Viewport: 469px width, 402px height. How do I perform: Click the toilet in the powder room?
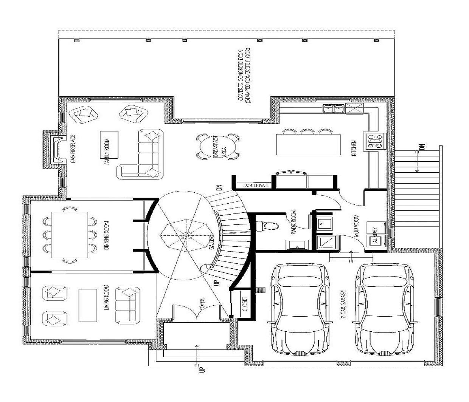click(267, 226)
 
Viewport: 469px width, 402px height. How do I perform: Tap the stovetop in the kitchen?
click(374, 142)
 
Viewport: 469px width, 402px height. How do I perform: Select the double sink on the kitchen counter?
click(333, 108)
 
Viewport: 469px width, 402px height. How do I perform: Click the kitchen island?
click(308, 145)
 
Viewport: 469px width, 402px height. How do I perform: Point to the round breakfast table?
click(217, 147)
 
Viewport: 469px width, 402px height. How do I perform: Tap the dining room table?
click(70, 235)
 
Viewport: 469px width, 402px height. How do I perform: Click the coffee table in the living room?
click(88, 305)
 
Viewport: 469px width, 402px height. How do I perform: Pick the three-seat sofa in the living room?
click(128, 305)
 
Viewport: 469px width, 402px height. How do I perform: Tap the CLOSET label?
click(245, 304)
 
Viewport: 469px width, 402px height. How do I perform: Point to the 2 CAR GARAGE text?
click(344, 304)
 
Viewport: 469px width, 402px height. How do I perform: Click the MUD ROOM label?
click(356, 226)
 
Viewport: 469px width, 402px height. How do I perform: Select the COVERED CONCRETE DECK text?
click(241, 76)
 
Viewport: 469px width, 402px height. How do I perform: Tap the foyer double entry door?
click(197, 312)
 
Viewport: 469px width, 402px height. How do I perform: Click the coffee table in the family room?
click(109, 145)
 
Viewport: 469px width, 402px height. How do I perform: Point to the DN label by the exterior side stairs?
click(422, 147)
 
